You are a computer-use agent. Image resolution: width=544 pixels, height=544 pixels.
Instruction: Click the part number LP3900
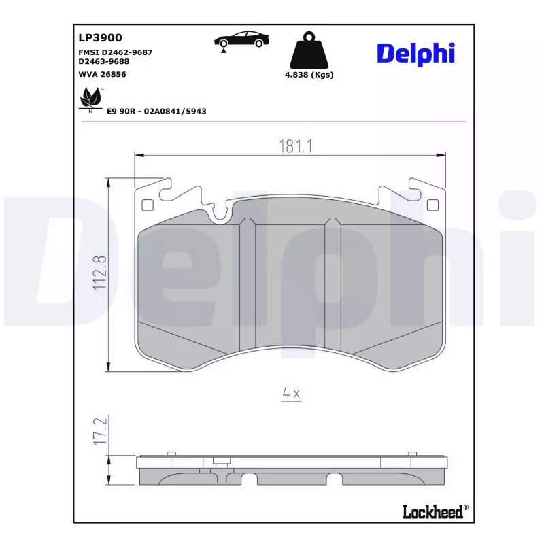(101, 39)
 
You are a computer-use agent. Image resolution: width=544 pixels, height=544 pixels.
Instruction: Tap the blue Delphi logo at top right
(415, 53)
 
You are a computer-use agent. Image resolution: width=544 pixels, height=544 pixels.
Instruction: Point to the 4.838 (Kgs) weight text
(309, 75)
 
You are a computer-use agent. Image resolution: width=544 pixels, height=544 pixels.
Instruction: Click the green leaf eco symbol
(89, 99)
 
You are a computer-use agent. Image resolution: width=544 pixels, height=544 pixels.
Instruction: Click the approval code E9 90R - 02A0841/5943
(156, 111)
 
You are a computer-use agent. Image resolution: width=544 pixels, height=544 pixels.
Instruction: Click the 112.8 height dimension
(100, 272)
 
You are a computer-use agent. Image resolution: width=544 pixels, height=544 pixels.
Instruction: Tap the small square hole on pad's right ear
(430, 205)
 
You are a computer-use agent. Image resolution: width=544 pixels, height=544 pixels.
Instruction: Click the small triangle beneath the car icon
(223, 52)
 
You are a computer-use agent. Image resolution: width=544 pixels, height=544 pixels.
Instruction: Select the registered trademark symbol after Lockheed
(466, 507)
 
